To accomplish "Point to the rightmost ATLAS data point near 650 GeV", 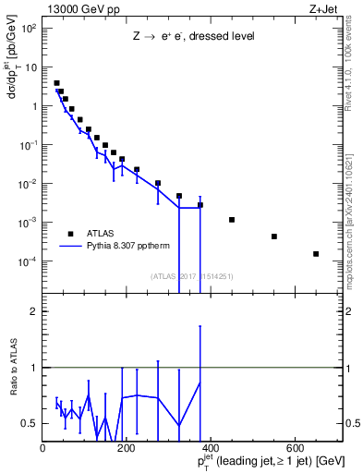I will point(316,254).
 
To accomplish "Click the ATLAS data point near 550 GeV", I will point(274,236).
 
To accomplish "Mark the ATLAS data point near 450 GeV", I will point(232,220).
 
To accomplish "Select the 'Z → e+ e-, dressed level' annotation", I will point(193,37).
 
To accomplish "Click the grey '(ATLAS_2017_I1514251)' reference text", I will point(192,275).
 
